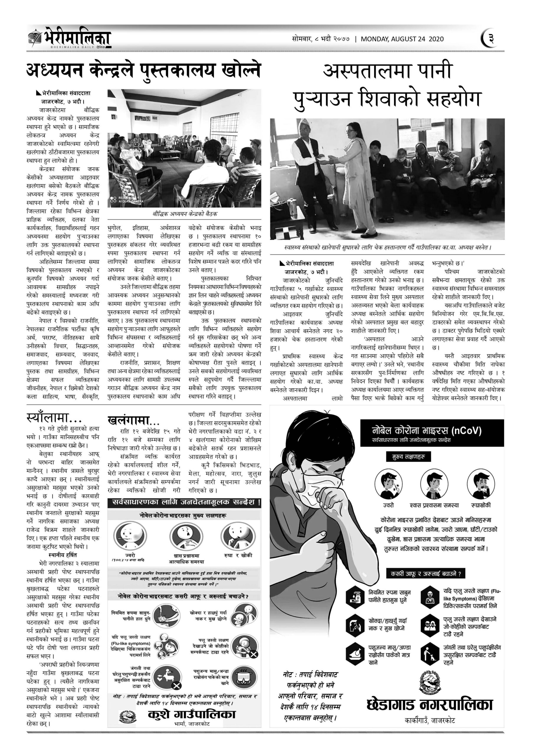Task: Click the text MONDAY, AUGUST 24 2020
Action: [402, 39]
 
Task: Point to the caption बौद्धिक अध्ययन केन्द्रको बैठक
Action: [184, 214]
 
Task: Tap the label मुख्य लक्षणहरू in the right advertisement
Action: [408, 457]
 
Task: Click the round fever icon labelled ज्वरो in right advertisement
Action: [388, 484]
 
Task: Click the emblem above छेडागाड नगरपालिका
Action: [430, 682]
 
